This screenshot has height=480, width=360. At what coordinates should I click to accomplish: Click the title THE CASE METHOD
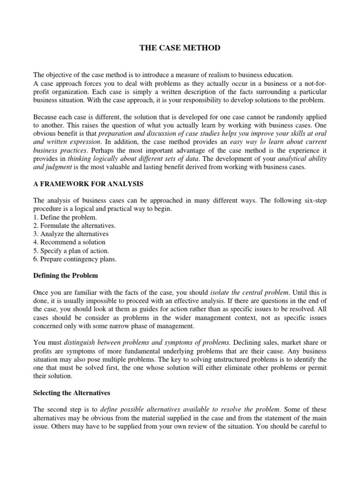[x=180, y=48]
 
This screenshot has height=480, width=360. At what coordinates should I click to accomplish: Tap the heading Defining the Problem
[x=66, y=275]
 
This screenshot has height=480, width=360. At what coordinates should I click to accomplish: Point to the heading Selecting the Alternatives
[x=74, y=393]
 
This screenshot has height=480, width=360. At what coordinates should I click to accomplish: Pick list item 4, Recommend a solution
[x=69, y=242]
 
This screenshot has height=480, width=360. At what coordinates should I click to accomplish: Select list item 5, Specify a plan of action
[x=71, y=251]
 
